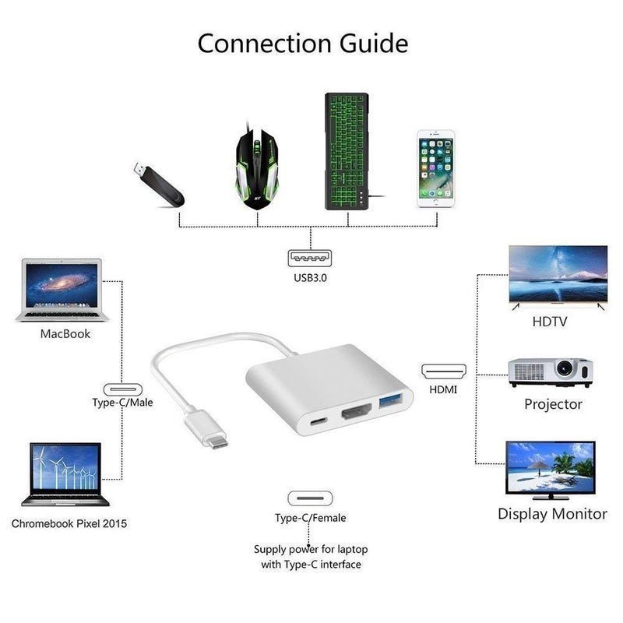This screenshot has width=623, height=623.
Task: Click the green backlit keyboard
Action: pyautogui.click(x=347, y=152)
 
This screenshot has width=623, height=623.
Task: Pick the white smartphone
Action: pyautogui.click(x=435, y=169)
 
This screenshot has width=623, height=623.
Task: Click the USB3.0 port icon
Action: pyautogui.click(x=311, y=259)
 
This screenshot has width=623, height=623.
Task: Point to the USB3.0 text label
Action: pyautogui.click(x=311, y=276)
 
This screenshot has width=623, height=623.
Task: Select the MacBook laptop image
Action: pyautogui.click(x=58, y=290)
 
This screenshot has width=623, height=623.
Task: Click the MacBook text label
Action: pyautogui.click(x=65, y=333)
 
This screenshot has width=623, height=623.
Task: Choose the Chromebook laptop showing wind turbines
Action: pyautogui.click(x=65, y=475)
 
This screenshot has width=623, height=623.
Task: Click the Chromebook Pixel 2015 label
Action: pyautogui.click(x=69, y=523)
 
